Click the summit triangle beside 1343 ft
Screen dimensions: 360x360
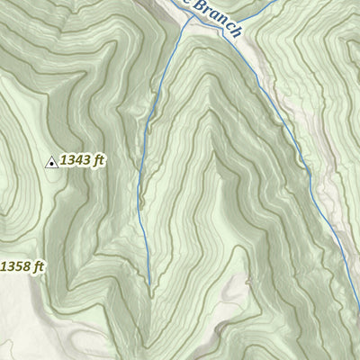point(51,162)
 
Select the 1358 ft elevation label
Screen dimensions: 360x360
point(21,266)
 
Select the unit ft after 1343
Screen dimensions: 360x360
point(100,160)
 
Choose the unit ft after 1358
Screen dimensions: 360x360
point(37,266)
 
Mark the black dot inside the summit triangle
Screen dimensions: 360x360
point(51,163)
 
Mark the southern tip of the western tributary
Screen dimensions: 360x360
point(148,286)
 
